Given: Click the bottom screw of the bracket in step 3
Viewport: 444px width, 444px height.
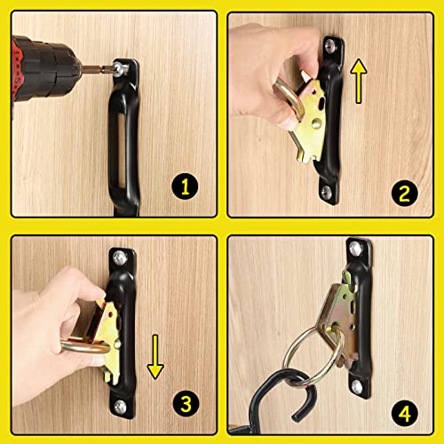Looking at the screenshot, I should [118, 411].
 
